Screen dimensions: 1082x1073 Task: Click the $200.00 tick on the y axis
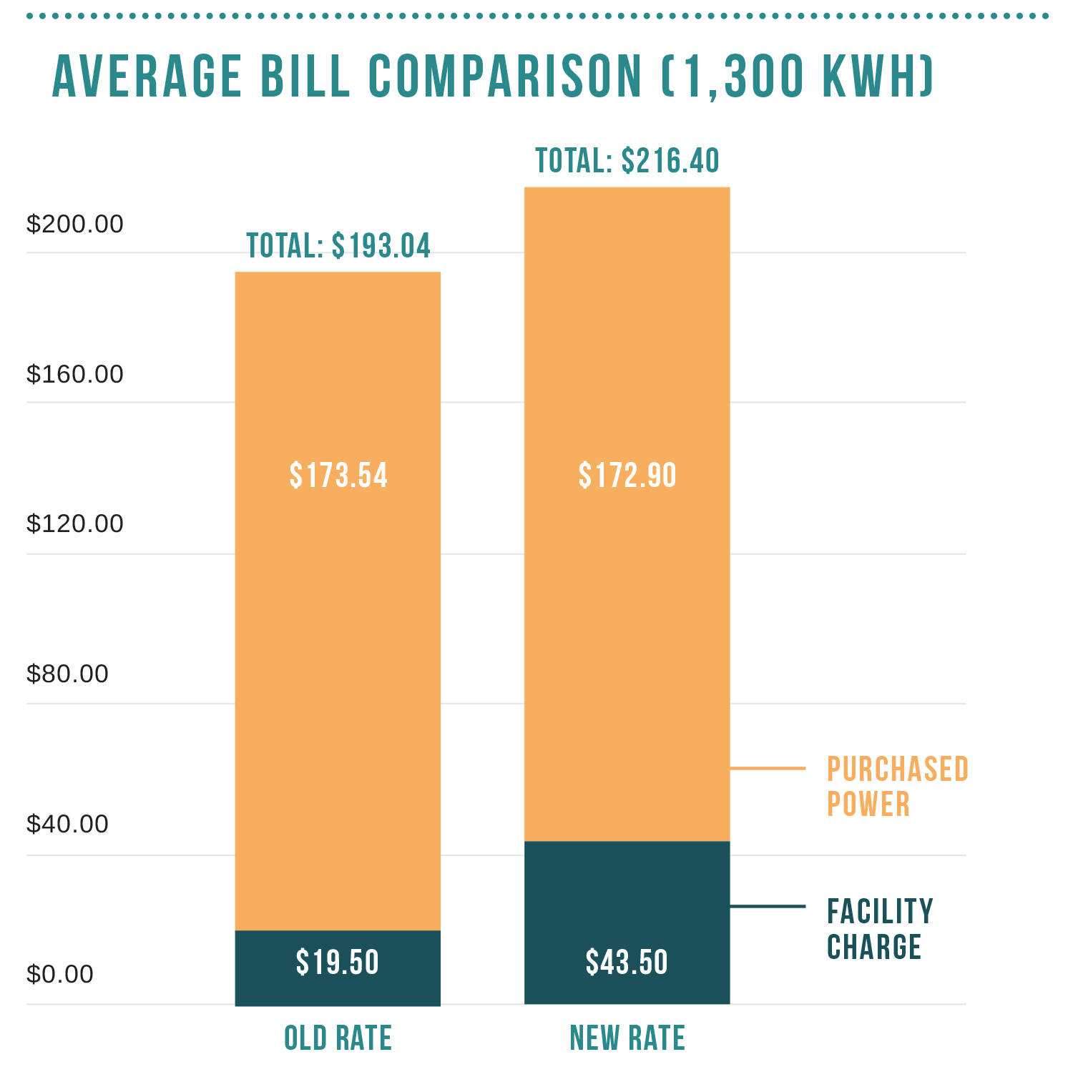(74, 225)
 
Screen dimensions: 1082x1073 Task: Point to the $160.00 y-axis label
(74, 374)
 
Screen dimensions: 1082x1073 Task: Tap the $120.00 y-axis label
(74, 523)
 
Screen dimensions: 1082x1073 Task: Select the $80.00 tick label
(67, 674)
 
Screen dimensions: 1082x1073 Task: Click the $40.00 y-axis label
(67, 824)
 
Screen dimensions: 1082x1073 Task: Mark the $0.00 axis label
(60, 974)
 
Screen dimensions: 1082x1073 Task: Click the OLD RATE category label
(338, 1038)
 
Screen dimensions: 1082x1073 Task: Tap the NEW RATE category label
(627, 1038)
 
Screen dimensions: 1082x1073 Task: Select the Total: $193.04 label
(338, 246)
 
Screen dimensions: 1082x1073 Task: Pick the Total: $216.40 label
(627, 161)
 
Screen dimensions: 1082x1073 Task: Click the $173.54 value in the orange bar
(338, 476)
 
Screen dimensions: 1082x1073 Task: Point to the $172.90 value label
(627, 476)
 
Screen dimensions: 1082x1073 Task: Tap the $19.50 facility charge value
(338, 963)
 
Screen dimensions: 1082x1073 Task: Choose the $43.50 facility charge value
(627, 963)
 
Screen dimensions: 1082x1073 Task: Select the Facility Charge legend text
(880, 929)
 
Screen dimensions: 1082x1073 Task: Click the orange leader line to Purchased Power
(768, 769)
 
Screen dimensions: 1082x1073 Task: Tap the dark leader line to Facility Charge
(768, 906)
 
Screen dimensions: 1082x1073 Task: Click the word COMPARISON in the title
(506, 77)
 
